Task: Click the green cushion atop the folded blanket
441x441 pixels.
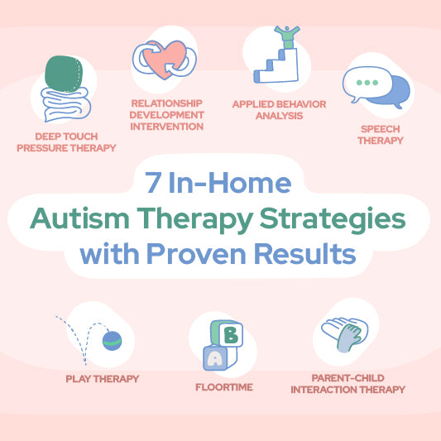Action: click(x=64, y=74)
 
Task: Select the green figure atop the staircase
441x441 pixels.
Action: click(x=287, y=37)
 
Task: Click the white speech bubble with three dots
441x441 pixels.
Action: click(x=367, y=84)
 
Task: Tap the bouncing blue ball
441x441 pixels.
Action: click(x=112, y=341)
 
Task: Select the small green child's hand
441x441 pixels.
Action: click(x=349, y=338)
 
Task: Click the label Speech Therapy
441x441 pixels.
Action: click(x=381, y=135)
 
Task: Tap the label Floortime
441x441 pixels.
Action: click(x=224, y=387)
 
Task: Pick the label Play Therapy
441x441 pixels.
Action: click(x=103, y=379)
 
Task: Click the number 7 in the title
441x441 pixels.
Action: click(x=153, y=182)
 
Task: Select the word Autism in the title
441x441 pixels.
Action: click(x=79, y=218)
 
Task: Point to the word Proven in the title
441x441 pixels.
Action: click(x=196, y=253)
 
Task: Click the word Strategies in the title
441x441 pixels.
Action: click(x=333, y=220)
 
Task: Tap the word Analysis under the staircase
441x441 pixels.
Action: click(x=280, y=116)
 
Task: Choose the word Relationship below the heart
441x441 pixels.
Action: click(x=167, y=103)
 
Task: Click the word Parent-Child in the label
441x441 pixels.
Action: click(x=348, y=378)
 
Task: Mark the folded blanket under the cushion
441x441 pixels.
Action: click(x=66, y=104)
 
